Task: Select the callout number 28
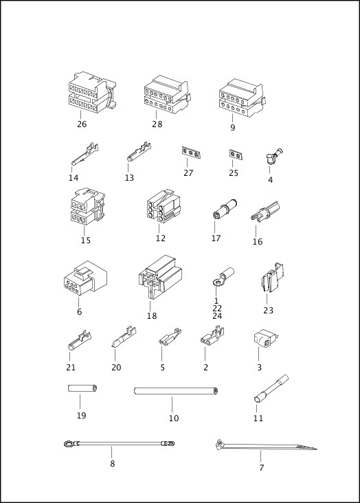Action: pyautogui.click(x=157, y=124)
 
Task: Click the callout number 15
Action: pyautogui.click(x=85, y=241)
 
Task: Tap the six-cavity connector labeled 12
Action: pyautogui.click(x=164, y=204)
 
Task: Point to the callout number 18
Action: pyautogui.click(x=152, y=316)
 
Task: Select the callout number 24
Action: pyautogui.click(x=217, y=316)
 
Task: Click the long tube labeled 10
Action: pyautogui.click(x=176, y=391)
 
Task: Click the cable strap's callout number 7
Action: pyautogui.click(x=261, y=468)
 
